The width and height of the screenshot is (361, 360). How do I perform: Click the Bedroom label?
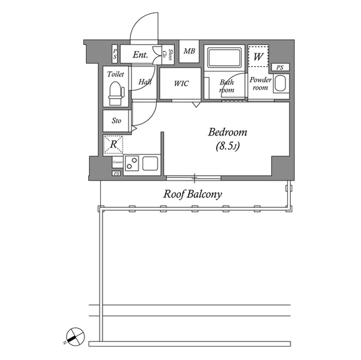click(228, 133)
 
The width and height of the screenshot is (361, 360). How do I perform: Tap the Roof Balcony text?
click(193, 194)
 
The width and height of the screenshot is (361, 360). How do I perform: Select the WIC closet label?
click(181, 83)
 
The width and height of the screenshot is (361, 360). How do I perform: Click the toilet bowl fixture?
click(116, 93)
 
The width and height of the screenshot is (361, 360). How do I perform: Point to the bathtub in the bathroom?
click(224, 58)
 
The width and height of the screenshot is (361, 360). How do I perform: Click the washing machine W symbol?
click(259, 57)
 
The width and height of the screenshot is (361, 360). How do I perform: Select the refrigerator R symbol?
click(113, 145)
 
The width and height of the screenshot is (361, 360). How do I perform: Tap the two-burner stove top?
click(133, 164)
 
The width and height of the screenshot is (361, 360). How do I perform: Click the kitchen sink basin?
click(151, 164)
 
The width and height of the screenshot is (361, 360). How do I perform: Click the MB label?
click(190, 52)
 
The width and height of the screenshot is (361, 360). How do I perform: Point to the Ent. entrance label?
click(140, 55)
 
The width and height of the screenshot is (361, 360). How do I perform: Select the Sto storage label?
click(116, 121)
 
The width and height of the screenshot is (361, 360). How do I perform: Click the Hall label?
click(145, 82)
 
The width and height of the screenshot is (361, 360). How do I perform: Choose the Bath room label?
click(227, 85)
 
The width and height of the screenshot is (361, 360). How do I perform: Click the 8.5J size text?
click(228, 147)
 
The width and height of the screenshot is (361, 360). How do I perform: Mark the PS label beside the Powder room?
click(280, 68)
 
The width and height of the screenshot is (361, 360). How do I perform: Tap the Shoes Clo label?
click(168, 54)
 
